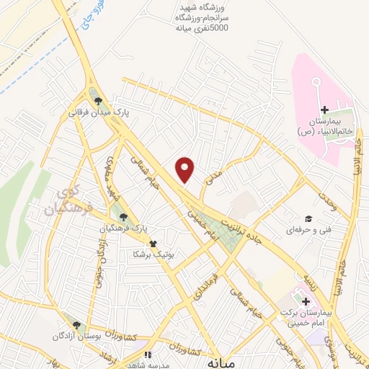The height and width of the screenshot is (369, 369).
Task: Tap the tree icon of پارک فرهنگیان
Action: [123, 215]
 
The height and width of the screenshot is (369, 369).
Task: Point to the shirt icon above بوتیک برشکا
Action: [152, 243]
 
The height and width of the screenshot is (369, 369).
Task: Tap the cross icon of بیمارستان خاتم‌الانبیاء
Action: [324, 110]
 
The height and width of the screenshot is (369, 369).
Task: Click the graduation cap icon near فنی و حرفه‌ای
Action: [309, 218]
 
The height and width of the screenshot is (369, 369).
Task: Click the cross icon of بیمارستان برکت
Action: [306, 301]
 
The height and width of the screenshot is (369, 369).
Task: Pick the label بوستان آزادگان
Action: [73, 337]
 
